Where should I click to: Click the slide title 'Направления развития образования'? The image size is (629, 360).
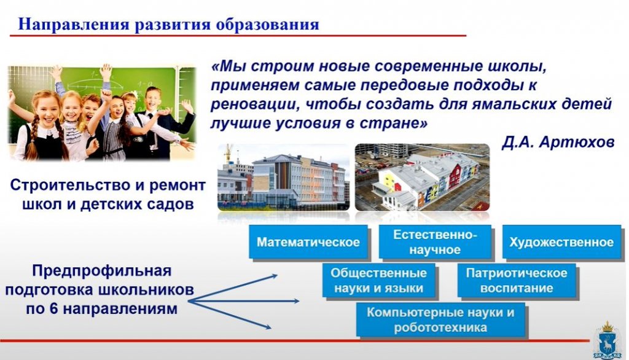[x=168, y=25]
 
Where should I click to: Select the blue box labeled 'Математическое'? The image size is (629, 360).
[x=308, y=242]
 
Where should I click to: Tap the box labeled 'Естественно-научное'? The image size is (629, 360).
[x=436, y=242]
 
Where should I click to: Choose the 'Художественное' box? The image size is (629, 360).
[x=561, y=242]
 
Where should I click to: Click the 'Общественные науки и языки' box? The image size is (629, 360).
[x=378, y=281]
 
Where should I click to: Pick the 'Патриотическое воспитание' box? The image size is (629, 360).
[x=517, y=281]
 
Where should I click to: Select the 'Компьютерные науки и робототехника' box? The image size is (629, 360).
[x=440, y=319]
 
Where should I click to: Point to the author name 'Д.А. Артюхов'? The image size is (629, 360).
[x=557, y=142]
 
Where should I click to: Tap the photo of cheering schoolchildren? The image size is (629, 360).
[x=101, y=113]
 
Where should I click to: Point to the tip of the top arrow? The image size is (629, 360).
[x=276, y=276]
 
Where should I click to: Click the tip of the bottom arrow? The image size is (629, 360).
[x=270, y=329]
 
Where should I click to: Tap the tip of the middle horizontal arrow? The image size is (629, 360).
[x=299, y=301]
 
